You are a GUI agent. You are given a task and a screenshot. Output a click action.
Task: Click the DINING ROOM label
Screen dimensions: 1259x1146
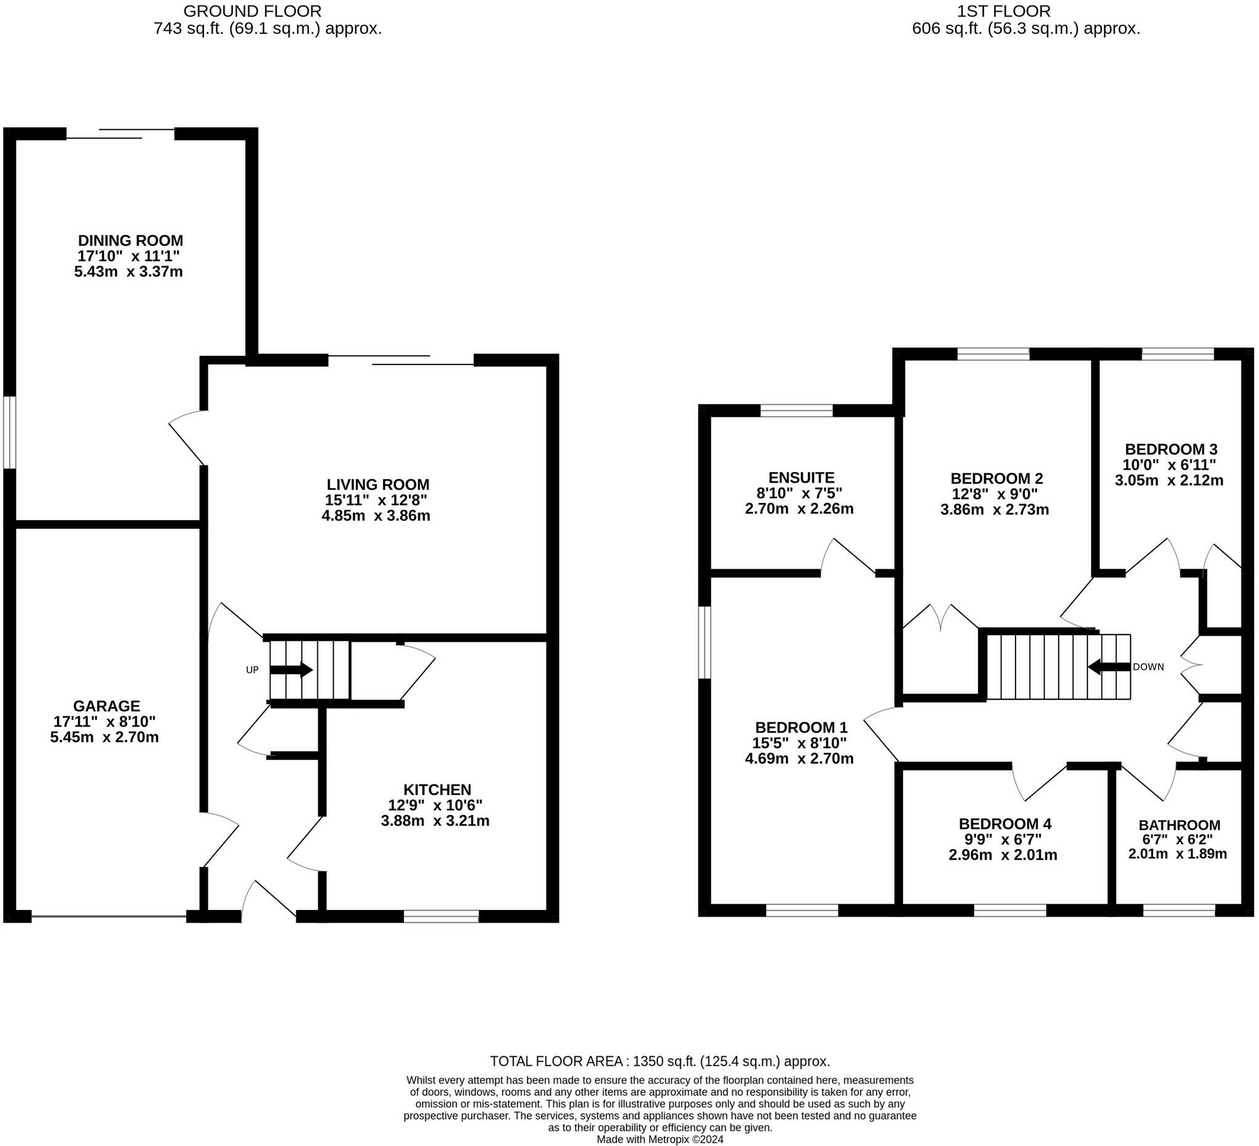click(x=130, y=240)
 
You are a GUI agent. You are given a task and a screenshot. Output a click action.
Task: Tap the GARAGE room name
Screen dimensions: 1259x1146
click(x=106, y=706)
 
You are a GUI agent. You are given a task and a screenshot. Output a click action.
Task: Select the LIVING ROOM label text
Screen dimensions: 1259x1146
click(x=378, y=484)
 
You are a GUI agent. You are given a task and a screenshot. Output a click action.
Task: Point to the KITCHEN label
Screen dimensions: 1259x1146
click(x=437, y=789)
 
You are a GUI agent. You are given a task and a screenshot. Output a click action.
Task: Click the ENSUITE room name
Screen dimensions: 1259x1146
click(x=801, y=478)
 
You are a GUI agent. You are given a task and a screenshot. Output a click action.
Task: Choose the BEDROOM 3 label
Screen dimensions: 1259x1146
click(x=1171, y=449)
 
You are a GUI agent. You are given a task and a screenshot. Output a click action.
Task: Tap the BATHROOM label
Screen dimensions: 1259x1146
click(x=1179, y=825)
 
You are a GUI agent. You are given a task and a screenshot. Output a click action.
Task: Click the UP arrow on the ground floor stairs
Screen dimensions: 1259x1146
click(x=291, y=670)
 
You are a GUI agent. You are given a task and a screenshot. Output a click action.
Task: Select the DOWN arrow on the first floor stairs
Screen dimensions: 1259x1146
click(x=1109, y=667)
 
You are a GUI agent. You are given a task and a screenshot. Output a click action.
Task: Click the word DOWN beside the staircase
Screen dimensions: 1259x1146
click(x=1148, y=667)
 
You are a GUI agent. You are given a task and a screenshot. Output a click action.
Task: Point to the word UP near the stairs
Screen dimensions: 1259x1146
click(x=252, y=670)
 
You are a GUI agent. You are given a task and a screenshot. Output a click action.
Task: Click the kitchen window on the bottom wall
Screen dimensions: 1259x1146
click(x=441, y=916)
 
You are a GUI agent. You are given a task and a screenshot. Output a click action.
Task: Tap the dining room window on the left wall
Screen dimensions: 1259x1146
click(x=9, y=432)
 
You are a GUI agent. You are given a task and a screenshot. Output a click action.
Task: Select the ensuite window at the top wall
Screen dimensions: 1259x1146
click(x=796, y=410)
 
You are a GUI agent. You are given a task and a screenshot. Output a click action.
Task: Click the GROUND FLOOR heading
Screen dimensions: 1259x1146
click(x=252, y=11)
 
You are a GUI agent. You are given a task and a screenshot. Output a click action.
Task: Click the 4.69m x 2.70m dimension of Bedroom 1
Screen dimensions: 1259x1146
click(x=799, y=759)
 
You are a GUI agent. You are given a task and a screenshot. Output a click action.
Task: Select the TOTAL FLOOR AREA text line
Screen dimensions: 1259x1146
click(x=660, y=1061)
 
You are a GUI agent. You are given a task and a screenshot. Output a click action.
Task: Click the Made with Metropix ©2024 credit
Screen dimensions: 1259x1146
click(x=660, y=1139)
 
